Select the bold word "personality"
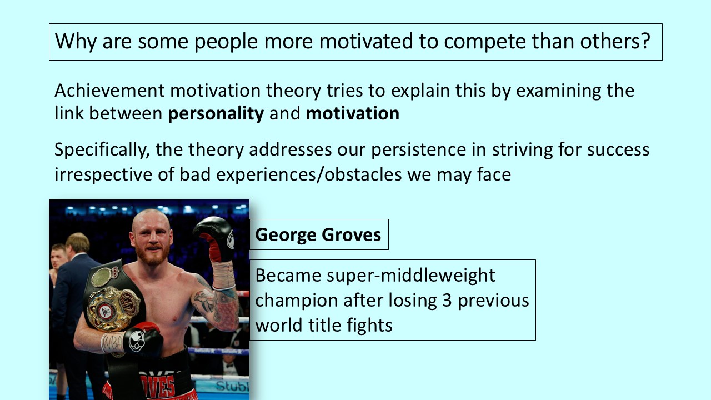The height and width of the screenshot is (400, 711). point(216,114)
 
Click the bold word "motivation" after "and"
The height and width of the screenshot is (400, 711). point(352,113)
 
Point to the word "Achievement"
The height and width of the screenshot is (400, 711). point(109,91)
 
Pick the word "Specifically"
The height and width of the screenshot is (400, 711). point(102,150)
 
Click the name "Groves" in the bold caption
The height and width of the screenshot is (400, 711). point(352,235)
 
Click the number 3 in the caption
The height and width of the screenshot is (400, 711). point(447,301)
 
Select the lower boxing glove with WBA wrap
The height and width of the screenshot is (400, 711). point(141,339)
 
